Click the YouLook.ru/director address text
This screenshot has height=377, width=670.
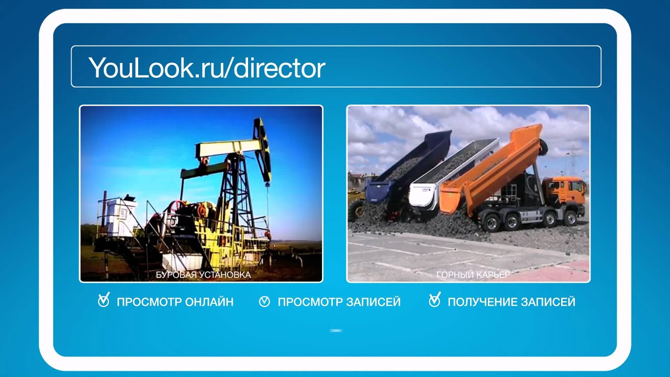(x=207, y=67)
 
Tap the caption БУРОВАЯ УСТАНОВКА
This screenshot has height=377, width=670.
(x=203, y=274)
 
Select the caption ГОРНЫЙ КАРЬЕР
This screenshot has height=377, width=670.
(x=473, y=274)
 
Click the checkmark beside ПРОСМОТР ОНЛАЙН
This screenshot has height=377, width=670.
(x=104, y=301)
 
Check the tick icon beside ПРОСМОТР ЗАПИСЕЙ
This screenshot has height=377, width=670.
(x=264, y=302)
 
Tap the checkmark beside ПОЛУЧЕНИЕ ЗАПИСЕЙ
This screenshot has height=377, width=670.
(x=434, y=301)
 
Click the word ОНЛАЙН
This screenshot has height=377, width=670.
(x=209, y=302)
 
